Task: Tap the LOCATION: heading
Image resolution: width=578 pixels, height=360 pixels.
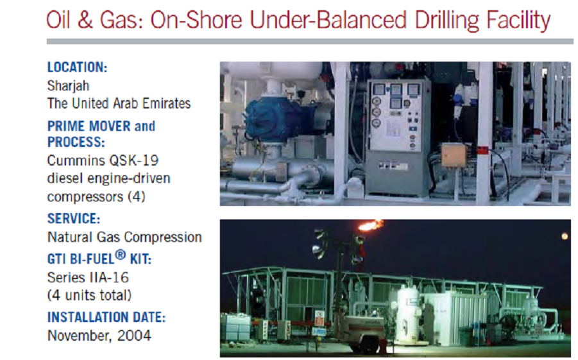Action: coord(77,67)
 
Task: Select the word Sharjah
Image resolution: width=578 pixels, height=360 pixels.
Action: coord(68,85)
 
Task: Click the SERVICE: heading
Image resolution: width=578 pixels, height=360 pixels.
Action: coord(74,218)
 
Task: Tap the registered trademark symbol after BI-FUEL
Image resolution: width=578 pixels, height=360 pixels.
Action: coord(121,255)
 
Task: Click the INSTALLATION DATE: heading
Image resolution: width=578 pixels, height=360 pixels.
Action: coord(106,317)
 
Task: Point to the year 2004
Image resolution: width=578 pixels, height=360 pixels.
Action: coord(134,336)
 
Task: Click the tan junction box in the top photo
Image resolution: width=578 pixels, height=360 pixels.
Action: coord(454,155)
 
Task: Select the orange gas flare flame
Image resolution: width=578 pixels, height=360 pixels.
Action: coord(371,225)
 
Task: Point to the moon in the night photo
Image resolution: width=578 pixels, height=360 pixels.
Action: coord(565,236)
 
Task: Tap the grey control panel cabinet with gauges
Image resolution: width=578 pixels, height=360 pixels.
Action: coord(399,137)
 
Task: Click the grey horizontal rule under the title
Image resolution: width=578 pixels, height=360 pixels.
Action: coord(310,42)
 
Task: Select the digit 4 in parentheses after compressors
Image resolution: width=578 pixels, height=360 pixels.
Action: coord(137,196)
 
